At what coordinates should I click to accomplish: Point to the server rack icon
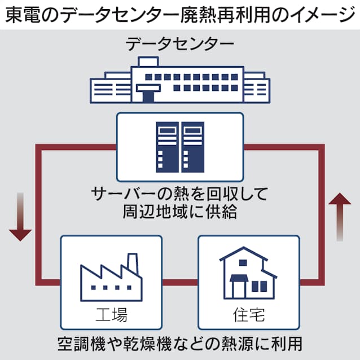click(179, 147)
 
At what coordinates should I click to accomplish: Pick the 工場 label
click(111, 312)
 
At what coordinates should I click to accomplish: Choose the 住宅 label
click(248, 312)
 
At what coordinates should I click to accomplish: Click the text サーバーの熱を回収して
click(179, 194)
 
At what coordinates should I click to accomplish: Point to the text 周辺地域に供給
click(179, 212)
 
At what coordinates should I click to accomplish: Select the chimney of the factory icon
click(132, 263)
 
